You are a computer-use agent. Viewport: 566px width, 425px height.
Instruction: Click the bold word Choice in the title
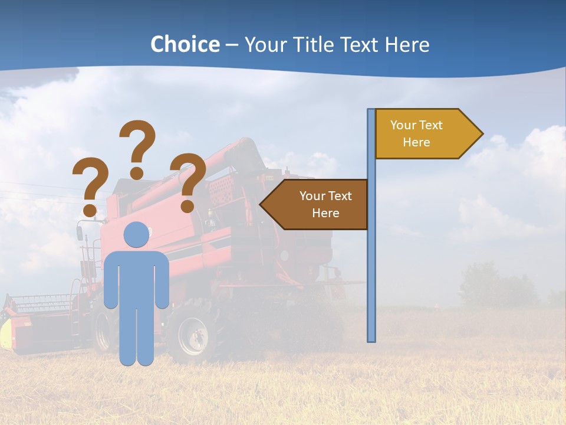(x=185, y=44)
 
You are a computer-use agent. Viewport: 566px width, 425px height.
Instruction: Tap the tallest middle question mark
(x=137, y=148)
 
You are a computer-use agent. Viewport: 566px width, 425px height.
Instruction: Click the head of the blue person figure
(x=137, y=235)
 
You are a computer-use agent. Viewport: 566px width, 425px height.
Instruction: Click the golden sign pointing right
(x=424, y=134)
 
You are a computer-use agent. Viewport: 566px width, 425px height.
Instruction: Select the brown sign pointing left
(x=318, y=205)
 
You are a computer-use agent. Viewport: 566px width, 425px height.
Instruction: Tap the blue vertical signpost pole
(x=371, y=266)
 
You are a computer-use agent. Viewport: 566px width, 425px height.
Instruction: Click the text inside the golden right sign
(x=416, y=133)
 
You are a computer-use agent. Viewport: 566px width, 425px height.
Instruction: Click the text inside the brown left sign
(x=325, y=204)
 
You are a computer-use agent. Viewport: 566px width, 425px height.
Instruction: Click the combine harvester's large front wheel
(x=192, y=336)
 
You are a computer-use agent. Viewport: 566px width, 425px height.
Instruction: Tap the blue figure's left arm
(x=111, y=280)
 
